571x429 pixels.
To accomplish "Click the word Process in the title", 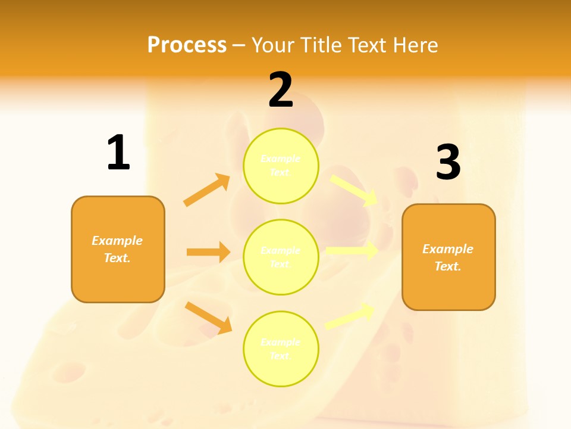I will coord(187,45).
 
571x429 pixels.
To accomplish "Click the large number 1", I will coord(118,153).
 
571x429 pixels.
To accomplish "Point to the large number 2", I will coord(281,90).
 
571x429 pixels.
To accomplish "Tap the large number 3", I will coord(448,163).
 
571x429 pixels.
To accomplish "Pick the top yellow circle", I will coord(281,166).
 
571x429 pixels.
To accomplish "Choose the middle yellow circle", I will coord(281,257).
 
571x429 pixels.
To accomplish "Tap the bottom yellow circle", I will coord(281,349).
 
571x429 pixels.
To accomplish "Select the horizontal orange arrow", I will coord(208,252).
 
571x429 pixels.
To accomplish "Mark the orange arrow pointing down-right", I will coord(208,318).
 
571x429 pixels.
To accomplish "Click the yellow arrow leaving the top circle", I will coord(354,190).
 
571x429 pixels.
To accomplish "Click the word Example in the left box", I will coord(117,241).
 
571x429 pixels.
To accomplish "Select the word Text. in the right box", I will coord(448,266).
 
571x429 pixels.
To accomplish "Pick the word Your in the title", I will coord(274,45).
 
